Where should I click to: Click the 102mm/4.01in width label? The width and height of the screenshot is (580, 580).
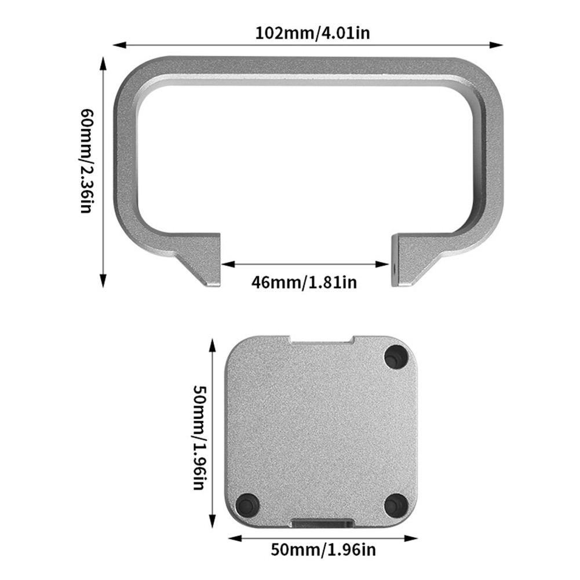(312, 32)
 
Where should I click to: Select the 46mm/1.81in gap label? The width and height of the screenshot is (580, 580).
(304, 282)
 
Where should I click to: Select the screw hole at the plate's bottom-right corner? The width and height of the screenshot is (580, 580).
(396, 505)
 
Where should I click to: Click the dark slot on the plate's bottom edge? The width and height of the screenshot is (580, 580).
(322, 523)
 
